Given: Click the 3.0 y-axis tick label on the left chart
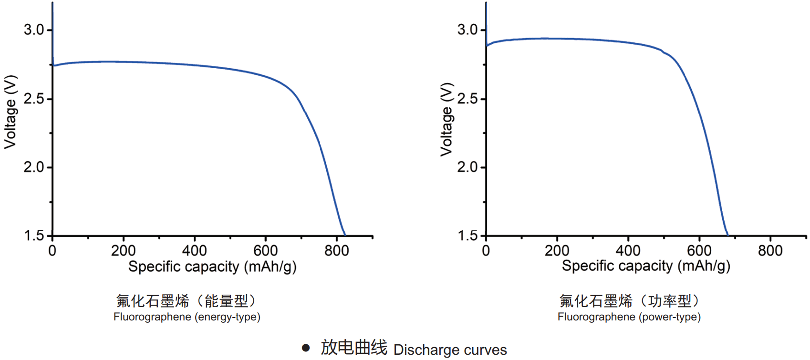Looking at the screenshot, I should tap(33, 30).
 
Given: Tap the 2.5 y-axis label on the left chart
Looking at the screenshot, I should tap(33, 99).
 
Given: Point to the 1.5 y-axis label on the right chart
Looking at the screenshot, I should tap(467, 236).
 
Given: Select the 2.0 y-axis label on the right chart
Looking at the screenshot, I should tap(467, 167).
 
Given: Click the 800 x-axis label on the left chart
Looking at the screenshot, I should tap(336, 251).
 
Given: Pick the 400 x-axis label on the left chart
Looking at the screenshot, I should tap(195, 251).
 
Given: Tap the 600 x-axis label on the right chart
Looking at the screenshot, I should tap(699, 251).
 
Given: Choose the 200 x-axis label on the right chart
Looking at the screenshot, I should tap(557, 251).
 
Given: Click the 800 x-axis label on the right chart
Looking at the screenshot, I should tap(770, 251).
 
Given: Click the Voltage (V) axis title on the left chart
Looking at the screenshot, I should tap(10, 112).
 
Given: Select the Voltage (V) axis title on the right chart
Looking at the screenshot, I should tap(446, 119).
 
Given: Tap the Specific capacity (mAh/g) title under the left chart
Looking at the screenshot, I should tap(212, 267).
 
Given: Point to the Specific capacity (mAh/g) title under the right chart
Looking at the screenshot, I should tap(646, 266).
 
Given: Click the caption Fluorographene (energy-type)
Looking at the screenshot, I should tap(187, 317).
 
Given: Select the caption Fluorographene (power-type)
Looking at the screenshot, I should tap(629, 317).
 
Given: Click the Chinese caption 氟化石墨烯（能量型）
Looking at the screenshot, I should tap(187, 301).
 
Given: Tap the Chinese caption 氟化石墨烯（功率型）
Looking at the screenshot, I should tap(629, 301).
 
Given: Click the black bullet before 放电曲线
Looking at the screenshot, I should tap(306, 348).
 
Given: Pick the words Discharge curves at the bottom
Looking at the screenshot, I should tap(450, 350).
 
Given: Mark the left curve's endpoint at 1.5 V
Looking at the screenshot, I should tap(344, 235).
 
